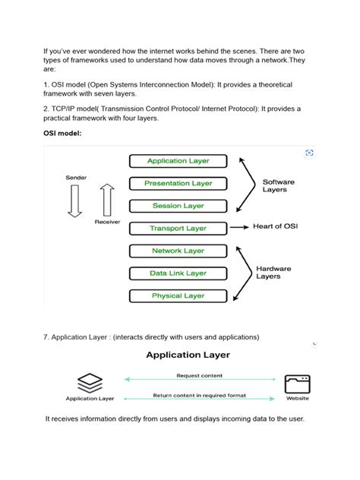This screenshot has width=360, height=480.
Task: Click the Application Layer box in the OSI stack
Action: pos(178,161)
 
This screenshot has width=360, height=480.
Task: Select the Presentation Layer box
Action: pos(178,183)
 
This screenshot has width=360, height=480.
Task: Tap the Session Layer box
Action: pos(178,206)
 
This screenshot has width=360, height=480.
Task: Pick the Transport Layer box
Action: pos(178,228)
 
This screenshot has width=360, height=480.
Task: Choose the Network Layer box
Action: pos(178,251)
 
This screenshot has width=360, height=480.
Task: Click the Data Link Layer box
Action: pos(178,273)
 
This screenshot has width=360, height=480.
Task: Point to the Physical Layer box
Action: pos(178,295)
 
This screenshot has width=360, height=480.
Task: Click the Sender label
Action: pos(76,177)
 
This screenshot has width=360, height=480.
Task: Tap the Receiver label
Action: pos(108,223)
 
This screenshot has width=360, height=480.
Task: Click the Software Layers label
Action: pos(279,187)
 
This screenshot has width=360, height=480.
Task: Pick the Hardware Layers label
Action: pos(273,272)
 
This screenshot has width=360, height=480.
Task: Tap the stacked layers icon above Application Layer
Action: pos(90,381)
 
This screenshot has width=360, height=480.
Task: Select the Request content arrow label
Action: pos(199,375)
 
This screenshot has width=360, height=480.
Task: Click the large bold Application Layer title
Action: pos(188,355)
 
